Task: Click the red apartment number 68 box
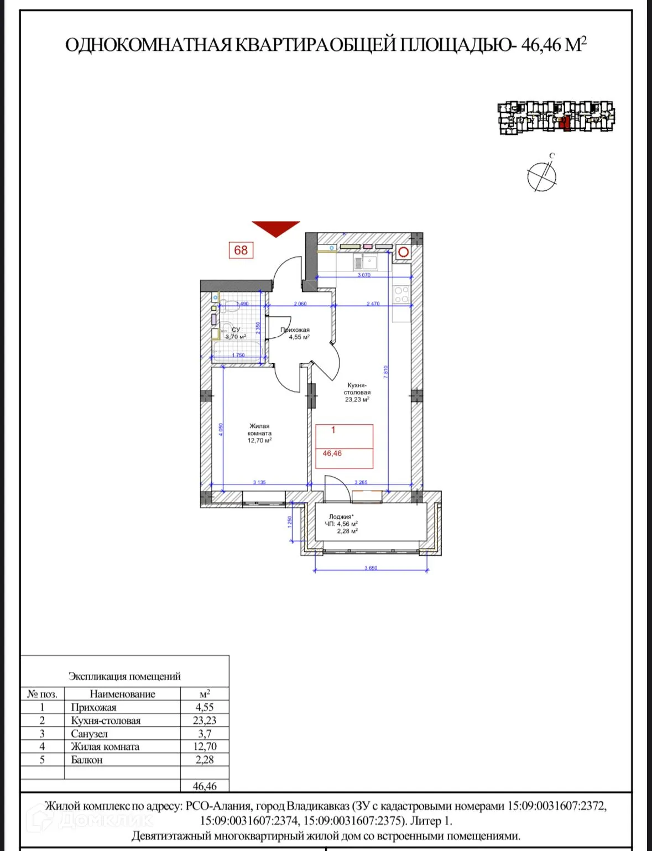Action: pyautogui.click(x=241, y=250)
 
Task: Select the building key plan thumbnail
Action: pyautogui.click(x=556, y=117)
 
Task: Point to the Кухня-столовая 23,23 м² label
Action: pyautogui.click(x=357, y=392)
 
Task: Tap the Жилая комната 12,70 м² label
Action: pyautogui.click(x=259, y=434)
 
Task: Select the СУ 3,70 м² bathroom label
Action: pyautogui.click(x=236, y=333)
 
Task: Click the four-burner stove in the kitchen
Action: pyautogui.click(x=401, y=295)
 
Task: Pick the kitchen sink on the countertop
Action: pyautogui.click(x=366, y=262)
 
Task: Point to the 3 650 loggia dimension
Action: pyautogui.click(x=371, y=568)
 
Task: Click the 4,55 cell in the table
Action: pyautogui.click(x=205, y=707)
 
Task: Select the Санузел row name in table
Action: pyautogui.click(x=90, y=734)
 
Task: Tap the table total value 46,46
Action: pyautogui.click(x=205, y=786)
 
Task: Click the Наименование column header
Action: pyautogui.click(x=122, y=694)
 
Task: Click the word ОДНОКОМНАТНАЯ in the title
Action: pyautogui.click(x=149, y=45)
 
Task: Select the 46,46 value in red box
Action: pyautogui.click(x=332, y=453)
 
